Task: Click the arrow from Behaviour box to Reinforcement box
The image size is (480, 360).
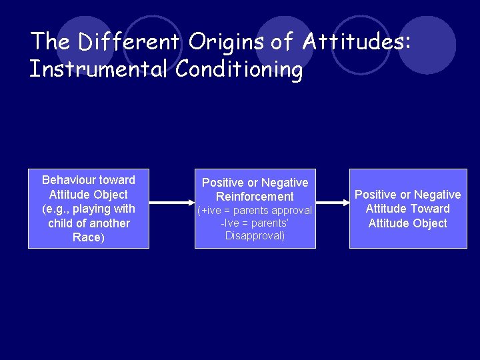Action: coord(171,202)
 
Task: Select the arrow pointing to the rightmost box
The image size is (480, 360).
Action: coord(332,202)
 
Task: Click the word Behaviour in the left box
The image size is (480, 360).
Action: coord(69,180)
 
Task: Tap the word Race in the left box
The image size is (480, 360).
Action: coord(86,238)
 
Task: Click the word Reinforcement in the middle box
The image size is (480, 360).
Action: coord(255,197)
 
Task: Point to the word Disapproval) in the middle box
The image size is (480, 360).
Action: coord(255,236)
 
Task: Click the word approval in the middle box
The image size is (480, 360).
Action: coord(291,211)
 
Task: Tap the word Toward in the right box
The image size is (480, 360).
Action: coord(427,209)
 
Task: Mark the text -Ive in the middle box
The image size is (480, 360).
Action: coord(231,223)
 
